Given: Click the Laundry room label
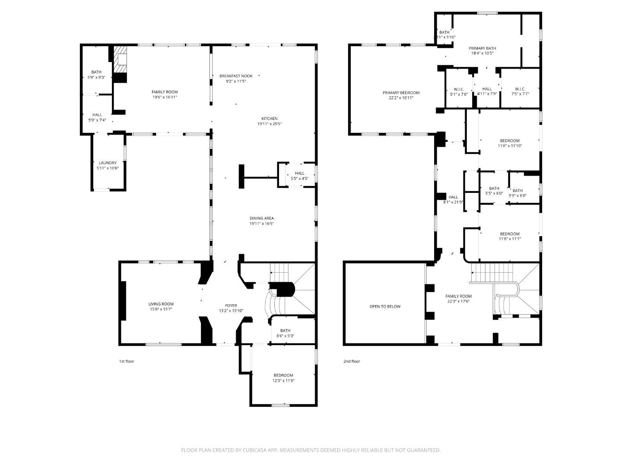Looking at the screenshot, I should [108, 163].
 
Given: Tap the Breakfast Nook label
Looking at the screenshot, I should [236, 76].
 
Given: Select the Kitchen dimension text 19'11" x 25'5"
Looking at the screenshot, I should [269, 124].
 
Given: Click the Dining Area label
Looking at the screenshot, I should [261, 218].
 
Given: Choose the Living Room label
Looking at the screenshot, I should [161, 304].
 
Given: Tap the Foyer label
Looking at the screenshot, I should [231, 305].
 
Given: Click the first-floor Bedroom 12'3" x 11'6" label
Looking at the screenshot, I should [283, 375].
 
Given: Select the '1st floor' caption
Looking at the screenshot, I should [127, 361].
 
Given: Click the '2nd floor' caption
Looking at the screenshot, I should [352, 361].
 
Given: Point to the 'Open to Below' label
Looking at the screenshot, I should [385, 306].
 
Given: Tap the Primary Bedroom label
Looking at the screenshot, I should [401, 93].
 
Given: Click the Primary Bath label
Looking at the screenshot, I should [482, 48].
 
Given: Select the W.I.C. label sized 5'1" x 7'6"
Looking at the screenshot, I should [459, 89].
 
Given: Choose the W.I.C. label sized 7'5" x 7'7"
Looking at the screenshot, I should [520, 89].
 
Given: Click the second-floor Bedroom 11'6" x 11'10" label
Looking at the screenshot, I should [510, 141].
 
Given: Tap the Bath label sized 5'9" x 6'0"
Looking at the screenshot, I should [517, 191].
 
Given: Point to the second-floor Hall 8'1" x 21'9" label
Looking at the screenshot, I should [453, 197].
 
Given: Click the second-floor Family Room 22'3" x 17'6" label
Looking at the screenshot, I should [458, 296].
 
